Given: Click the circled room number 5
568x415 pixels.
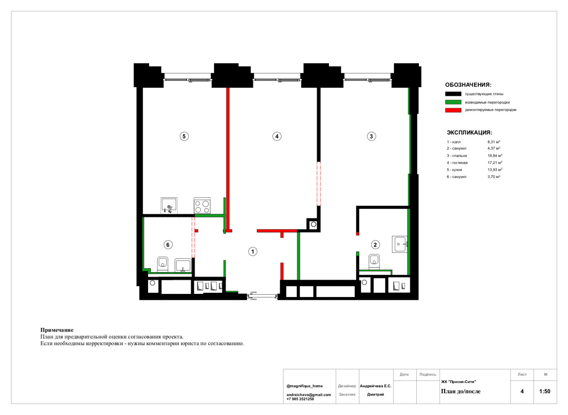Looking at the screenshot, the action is [x=184, y=136].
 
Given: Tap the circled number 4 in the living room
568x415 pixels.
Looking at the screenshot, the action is [x=277, y=136].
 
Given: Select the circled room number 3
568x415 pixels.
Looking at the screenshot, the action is [x=371, y=136].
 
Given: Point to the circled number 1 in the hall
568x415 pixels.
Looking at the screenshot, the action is [x=252, y=252].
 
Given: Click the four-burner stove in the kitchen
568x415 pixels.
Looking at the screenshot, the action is [x=202, y=206].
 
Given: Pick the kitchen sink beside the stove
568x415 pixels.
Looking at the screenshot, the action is [x=169, y=206].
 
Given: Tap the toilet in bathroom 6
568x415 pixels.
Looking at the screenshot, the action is [x=163, y=264].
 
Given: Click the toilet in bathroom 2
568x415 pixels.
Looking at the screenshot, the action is [x=374, y=262].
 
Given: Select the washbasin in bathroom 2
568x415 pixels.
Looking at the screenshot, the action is [x=400, y=244].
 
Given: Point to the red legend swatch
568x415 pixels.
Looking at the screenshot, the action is [x=453, y=110].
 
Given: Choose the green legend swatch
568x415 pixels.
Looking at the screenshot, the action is [x=453, y=102].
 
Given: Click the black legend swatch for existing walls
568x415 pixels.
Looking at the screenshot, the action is [x=453, y=94].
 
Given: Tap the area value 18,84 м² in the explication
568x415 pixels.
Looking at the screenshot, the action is [x=495, y=155].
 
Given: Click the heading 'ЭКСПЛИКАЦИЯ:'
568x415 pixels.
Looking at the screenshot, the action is [x=469, y=133].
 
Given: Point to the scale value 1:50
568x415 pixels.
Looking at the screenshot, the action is [x=545, y=391].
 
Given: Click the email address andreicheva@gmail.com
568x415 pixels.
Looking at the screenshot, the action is [x=308, y=395].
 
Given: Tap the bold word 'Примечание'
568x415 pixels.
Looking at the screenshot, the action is [x=57, y=330].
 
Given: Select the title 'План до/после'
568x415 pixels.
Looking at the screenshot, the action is [x=460, y=392].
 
